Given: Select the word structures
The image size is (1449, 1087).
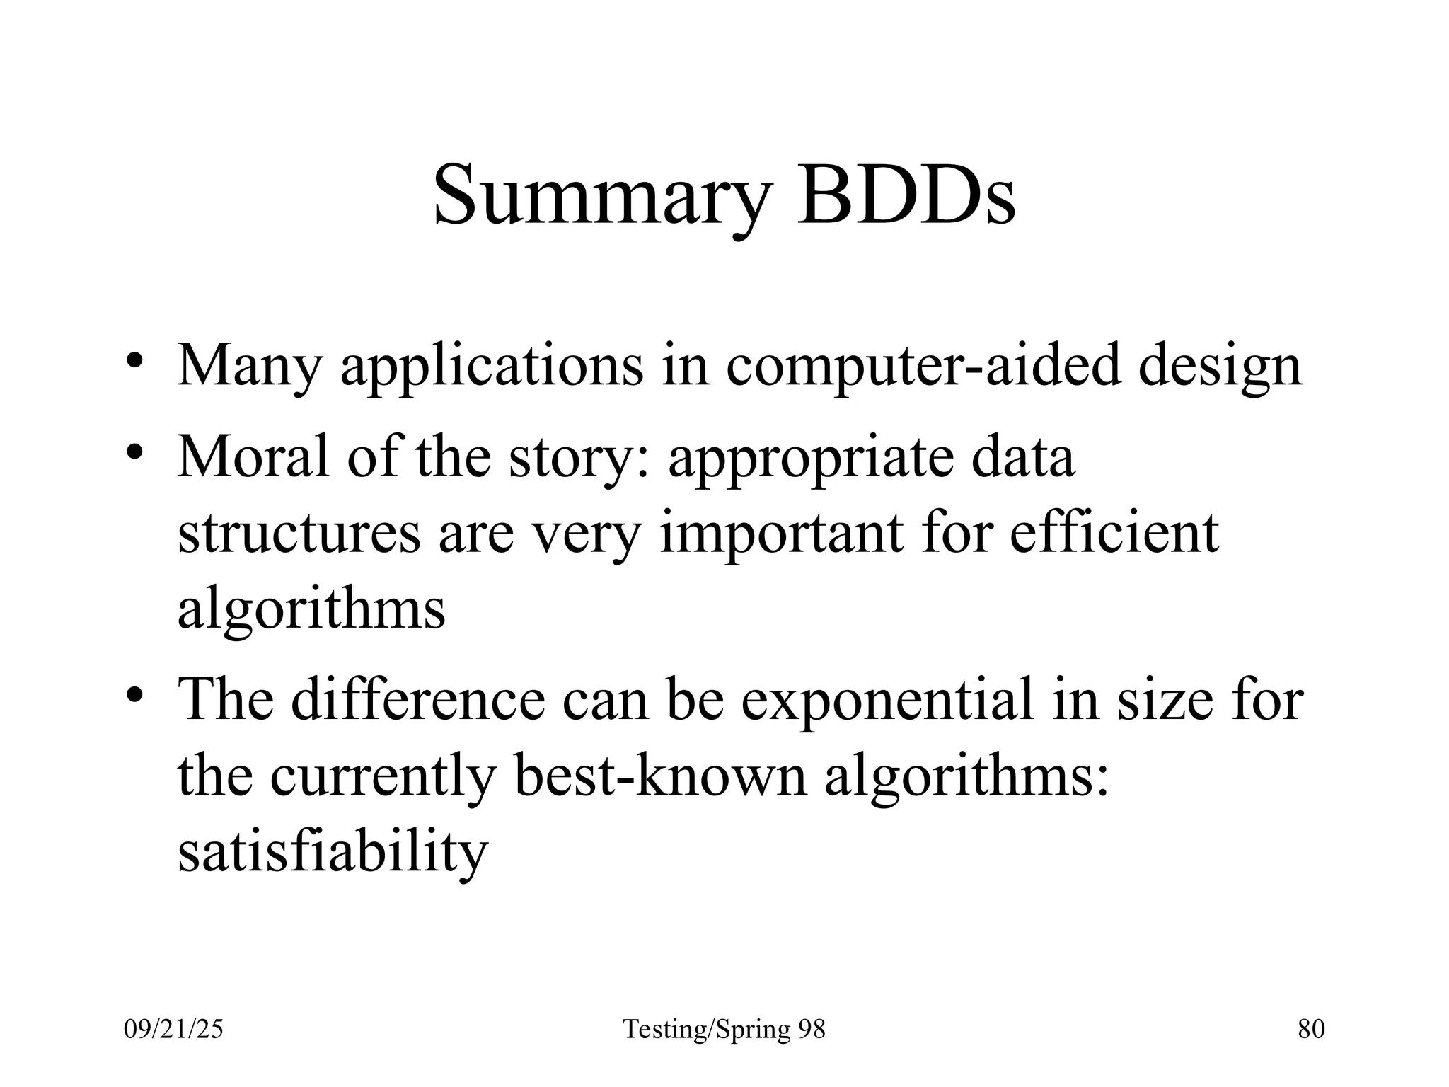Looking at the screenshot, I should coord(299,534).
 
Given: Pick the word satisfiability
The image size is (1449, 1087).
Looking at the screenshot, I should coord(333,852).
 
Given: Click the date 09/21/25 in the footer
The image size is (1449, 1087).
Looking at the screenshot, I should coord(173,1029).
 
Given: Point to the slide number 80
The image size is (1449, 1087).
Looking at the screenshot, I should coord(1311,1029).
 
